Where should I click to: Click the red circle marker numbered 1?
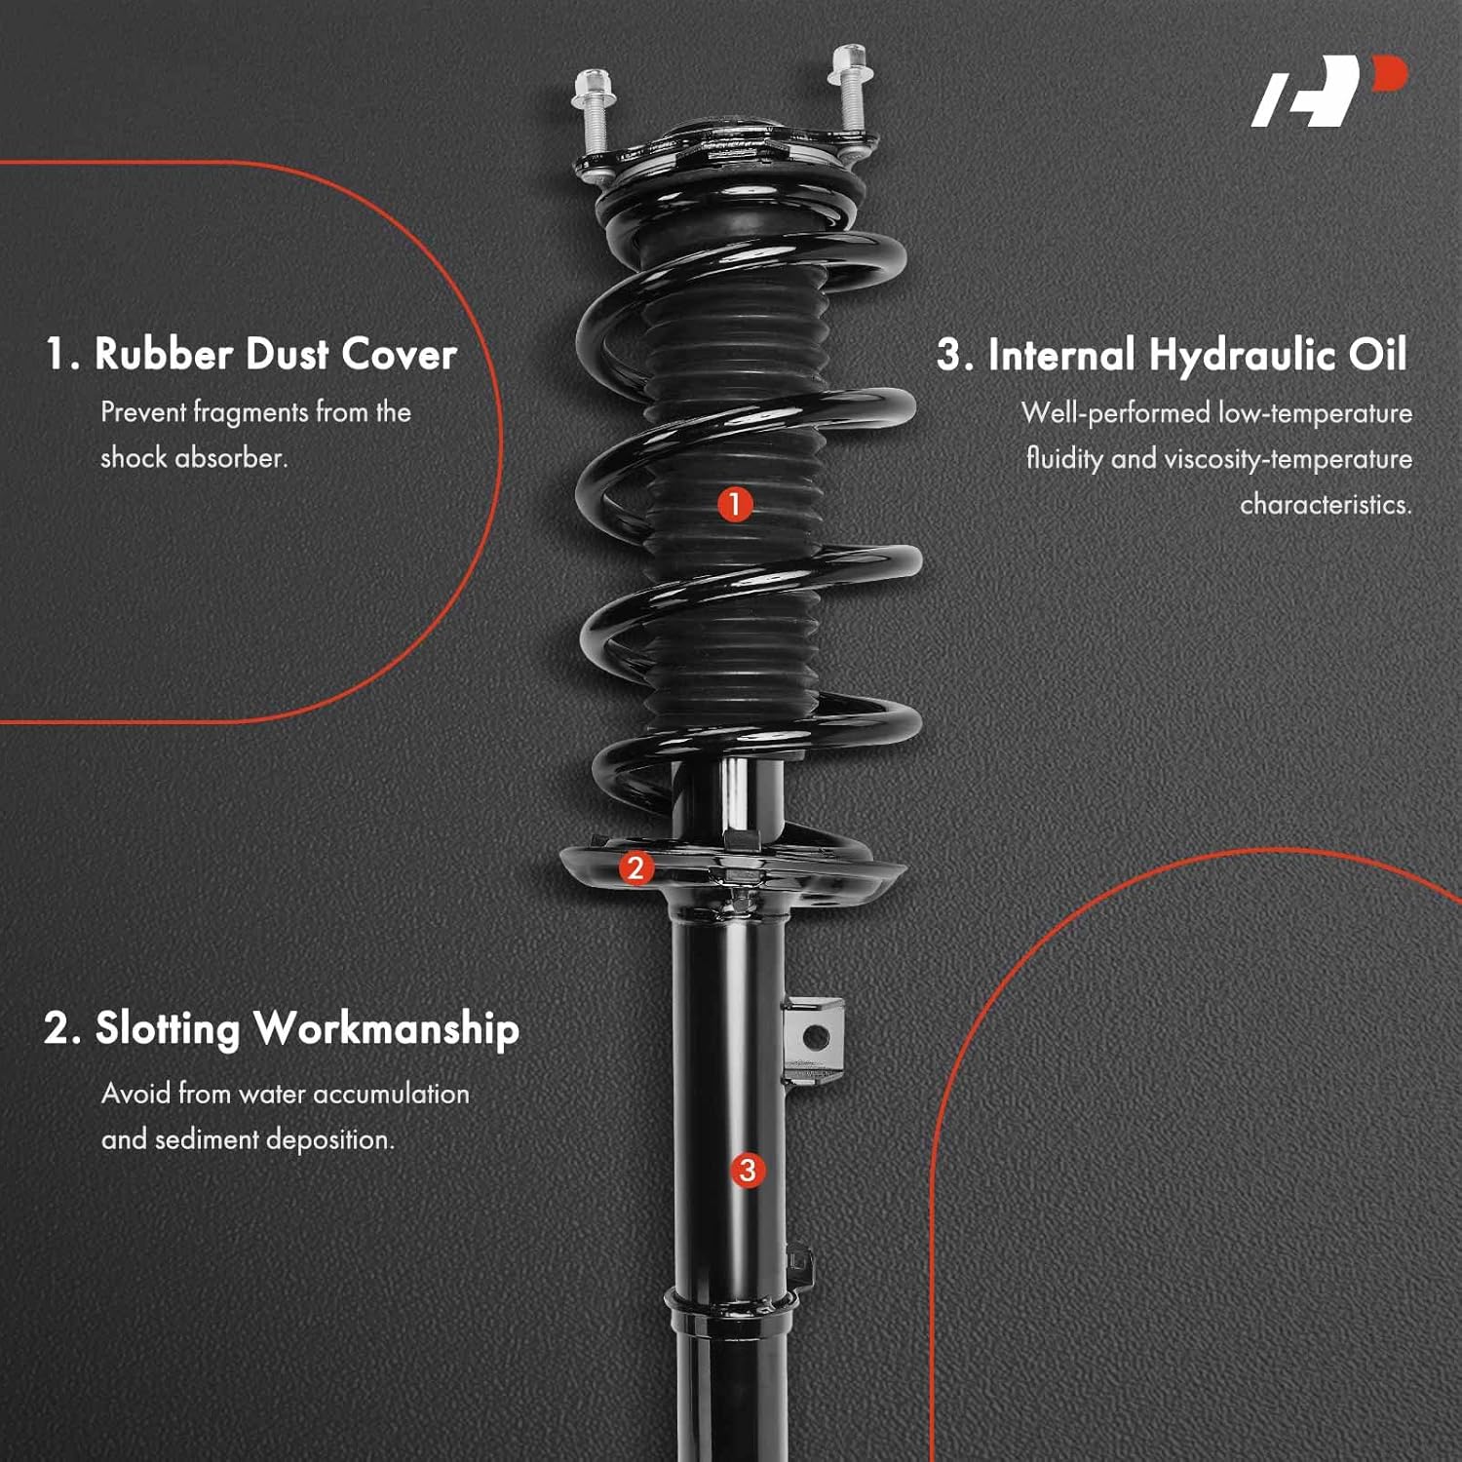pos(735,504)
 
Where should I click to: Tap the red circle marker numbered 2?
pos(635,866)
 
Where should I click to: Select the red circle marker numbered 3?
pos(748,1170)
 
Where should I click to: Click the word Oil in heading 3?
pos(1377,354)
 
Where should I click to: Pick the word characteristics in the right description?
pos(1326,504)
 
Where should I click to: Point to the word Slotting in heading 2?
pos(168,1028)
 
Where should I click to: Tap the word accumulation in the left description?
pos(390,1094)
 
